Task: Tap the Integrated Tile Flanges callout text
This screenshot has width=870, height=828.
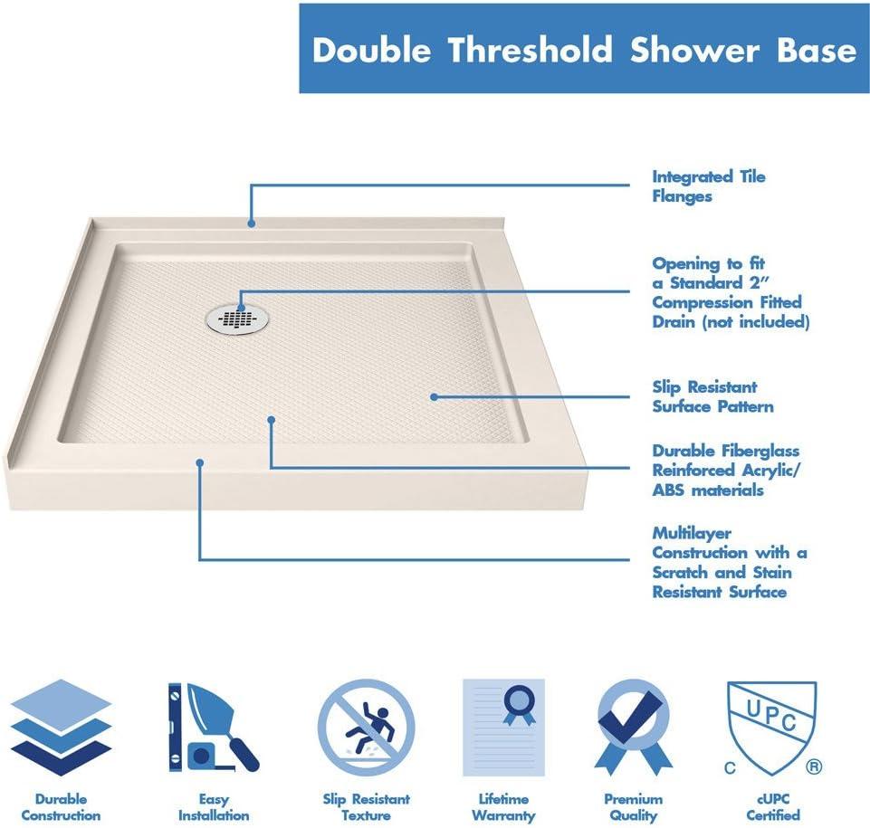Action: click(708, 186)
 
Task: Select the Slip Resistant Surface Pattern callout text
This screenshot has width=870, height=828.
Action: click(712, 396)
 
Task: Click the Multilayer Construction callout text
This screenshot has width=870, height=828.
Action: click(729, 562)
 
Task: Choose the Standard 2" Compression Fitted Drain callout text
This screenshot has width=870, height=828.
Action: click(730, 292)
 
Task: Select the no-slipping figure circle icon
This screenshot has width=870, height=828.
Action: click(366, 728)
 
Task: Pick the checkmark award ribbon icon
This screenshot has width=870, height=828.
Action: click(634, 728)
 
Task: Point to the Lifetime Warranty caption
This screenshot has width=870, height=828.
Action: click(503, 807)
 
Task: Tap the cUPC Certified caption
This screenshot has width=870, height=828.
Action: click(771, 807)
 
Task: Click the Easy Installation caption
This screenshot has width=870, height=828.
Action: click(214, 807)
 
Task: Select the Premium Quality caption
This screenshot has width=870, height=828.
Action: click(634, 807)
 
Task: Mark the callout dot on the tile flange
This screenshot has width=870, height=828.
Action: click(252, 222)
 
